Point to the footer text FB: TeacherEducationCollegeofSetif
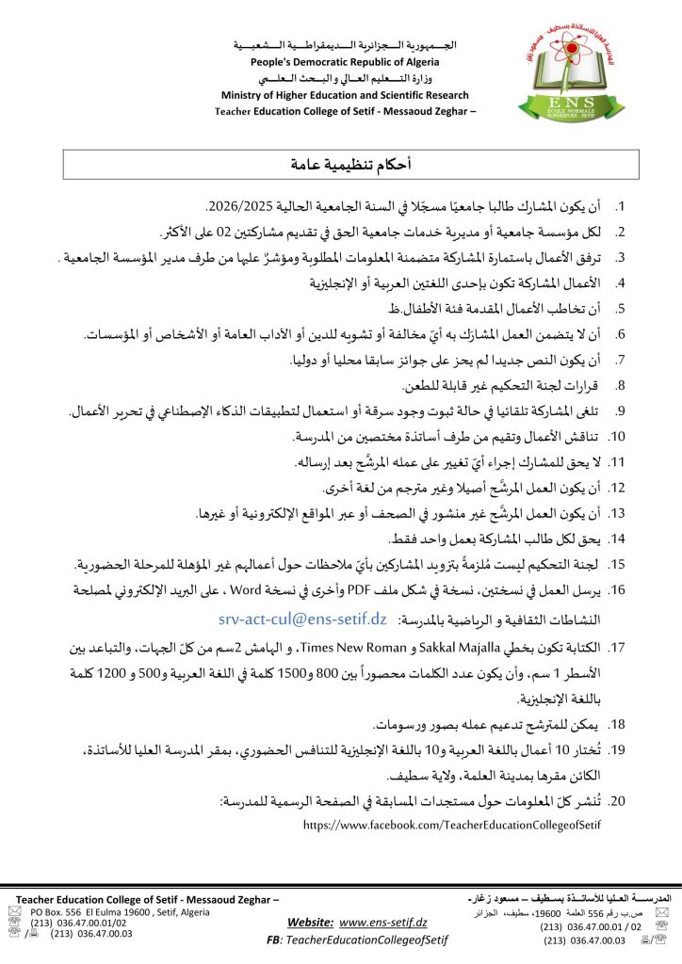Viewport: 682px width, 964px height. click(x=357, y=940)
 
